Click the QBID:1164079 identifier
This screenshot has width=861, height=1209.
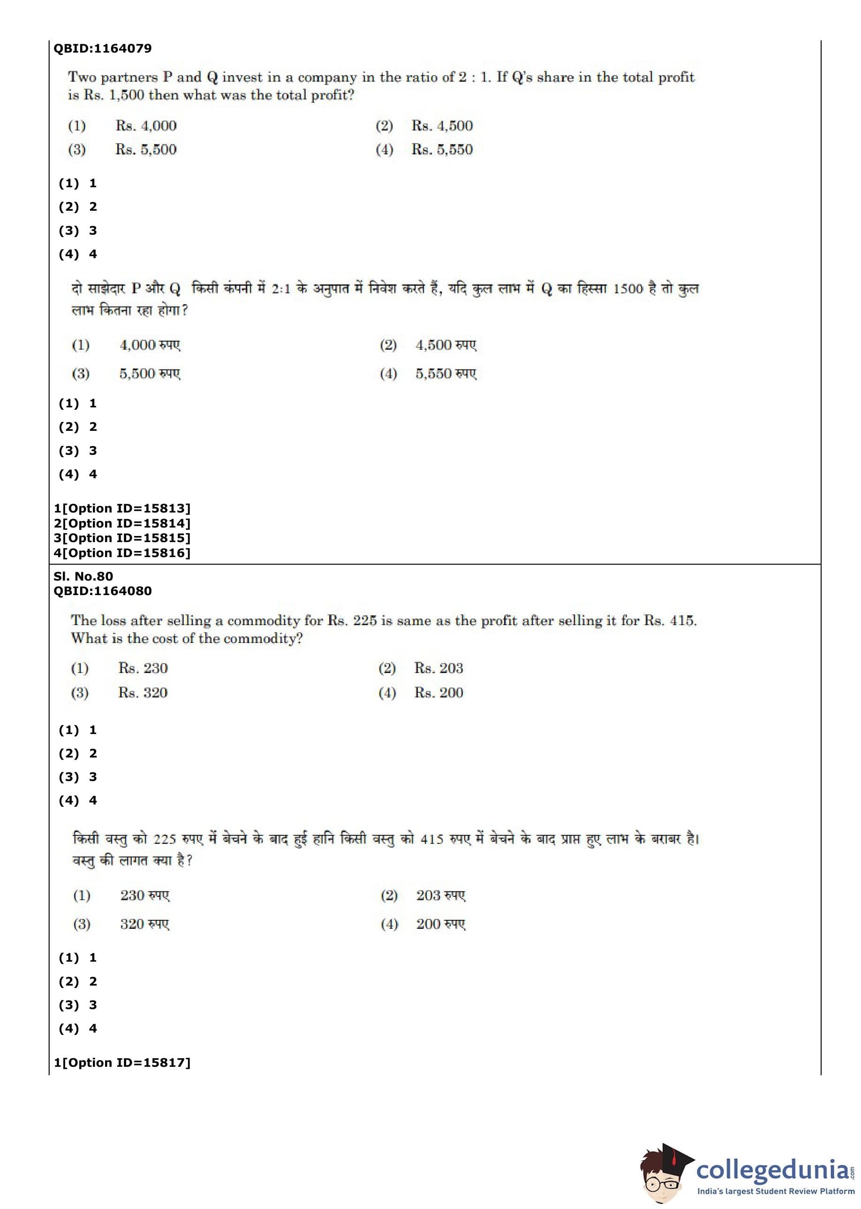(102, 48)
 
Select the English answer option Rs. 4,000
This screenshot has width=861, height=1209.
(146, 126)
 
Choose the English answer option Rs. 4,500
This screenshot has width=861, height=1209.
(442, 126)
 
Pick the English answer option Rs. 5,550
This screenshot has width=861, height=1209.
(442, 150)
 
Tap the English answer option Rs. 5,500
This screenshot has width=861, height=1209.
(146, 150)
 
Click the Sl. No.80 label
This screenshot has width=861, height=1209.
(83, 576)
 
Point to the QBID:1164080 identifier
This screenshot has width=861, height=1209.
(102, 591)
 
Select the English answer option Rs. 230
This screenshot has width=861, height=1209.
(143, 668)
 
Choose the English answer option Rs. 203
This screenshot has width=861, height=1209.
(438, 668)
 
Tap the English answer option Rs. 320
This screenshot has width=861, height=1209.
(143, 693)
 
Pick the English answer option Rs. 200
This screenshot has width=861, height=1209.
(438, 693)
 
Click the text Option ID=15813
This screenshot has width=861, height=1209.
(126, 508)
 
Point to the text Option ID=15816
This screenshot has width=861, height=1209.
(126, 553)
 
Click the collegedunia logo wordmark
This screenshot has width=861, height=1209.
(772, 1170)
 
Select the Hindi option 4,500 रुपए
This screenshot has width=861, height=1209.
(446, 345)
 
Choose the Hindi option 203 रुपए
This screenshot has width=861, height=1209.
(440, 896)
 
